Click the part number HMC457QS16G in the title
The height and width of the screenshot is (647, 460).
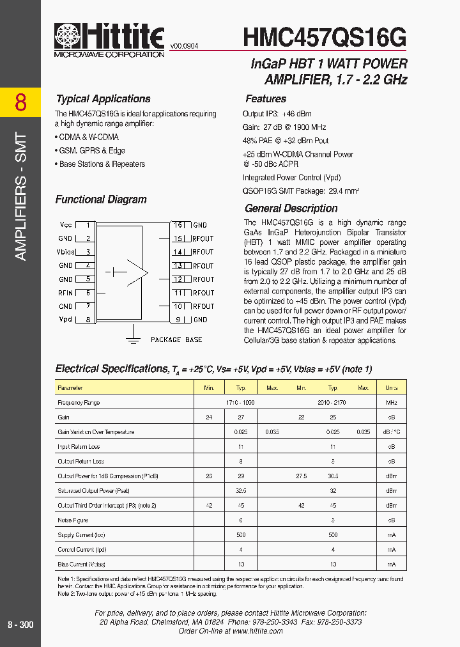[x=325, y=38]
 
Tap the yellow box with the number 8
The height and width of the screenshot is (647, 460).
[x=20, y=102]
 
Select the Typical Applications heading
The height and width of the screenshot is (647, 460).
[x=103, y=99]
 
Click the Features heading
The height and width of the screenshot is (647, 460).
[x=266, y=99]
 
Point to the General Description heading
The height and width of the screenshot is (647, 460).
[x=291, y=208]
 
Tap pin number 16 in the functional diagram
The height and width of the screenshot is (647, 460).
[x=178, y=225]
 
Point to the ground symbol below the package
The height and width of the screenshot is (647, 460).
[x=133, y=335]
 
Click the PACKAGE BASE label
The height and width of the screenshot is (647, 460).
[x=176, y=339]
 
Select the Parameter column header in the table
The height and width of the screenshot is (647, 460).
[x=70, y=388]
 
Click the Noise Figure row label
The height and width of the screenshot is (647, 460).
[x=73, y=520]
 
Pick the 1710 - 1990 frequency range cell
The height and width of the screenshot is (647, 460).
[x=240, y=403]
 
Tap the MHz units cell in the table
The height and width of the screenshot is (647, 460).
[x=391, y=403]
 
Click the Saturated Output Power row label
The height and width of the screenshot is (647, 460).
[x=93, y=491]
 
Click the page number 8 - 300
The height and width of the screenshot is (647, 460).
[x=20, y=625]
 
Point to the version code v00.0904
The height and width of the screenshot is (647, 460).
[x=185, y=46]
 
